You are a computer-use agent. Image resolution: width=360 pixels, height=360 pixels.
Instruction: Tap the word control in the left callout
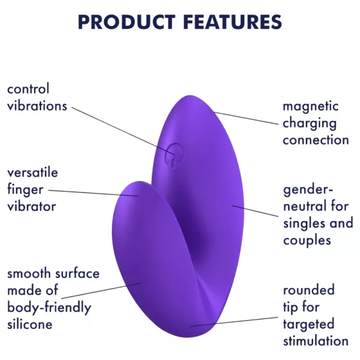tap(28, 89)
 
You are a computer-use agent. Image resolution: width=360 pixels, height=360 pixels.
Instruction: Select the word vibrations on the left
tap(37, 105)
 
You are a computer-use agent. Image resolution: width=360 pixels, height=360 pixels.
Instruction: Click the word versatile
tap(32, 173)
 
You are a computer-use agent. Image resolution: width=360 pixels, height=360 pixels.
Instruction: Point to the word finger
tap(24, 190)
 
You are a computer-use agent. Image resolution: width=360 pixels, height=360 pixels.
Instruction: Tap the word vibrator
tap(32, 206)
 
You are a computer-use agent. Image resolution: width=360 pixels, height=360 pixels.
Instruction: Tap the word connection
tap(316, 139)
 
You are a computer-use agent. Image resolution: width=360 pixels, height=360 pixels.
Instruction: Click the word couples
tap(307, 240)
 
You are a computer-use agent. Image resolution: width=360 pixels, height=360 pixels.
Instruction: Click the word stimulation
tap(316, 341)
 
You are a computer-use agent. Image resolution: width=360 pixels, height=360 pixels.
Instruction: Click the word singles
tap(303, 224)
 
